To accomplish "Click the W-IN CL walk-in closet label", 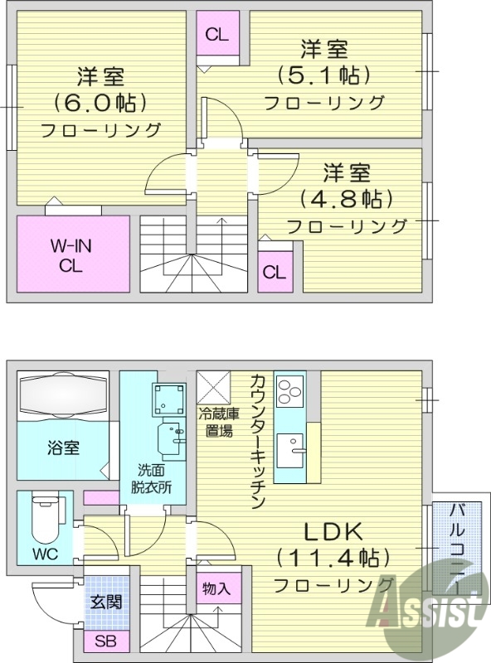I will (73, 255).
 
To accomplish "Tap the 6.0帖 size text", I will (100, 104).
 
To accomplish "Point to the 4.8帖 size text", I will (346, 199).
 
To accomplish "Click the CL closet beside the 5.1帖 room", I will (218, 35).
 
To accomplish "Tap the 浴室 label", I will (61, 448).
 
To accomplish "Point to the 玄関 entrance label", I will (107, 602).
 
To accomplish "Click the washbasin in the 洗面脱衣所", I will (171, 438).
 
